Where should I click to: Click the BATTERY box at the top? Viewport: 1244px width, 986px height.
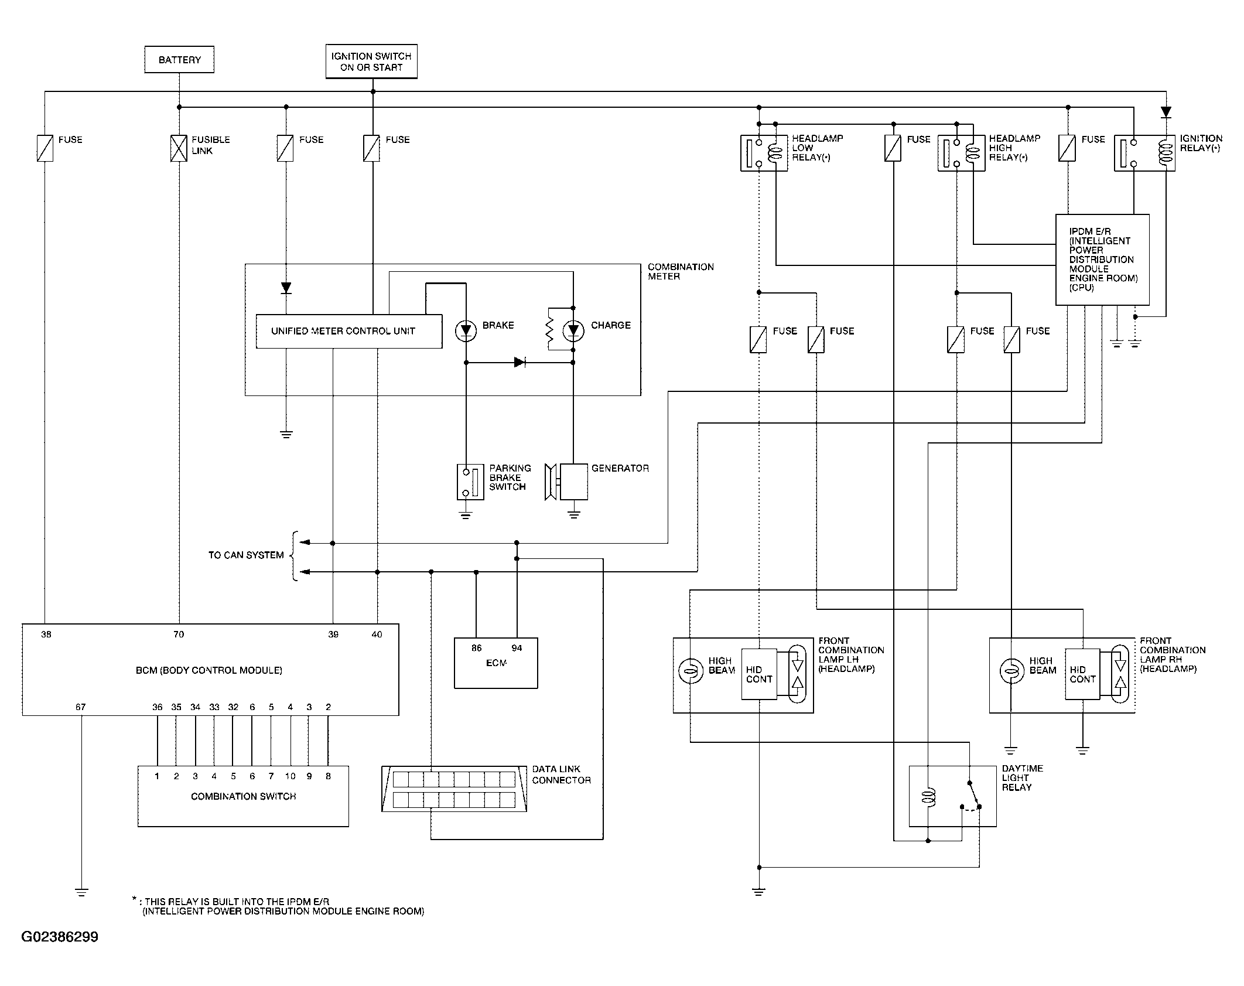[179, 60]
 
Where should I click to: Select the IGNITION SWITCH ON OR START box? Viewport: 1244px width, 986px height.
[371, 61]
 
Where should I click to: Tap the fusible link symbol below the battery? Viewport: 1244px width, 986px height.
[179, 148]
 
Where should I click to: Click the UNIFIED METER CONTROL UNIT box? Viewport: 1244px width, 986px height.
[349, 332]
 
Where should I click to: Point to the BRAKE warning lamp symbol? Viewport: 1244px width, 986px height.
[466, 332]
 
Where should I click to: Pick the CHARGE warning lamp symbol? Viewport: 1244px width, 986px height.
[573, 332]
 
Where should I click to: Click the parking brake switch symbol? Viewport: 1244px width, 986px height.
[470, 482]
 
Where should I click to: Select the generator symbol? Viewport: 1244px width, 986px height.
[566, 482]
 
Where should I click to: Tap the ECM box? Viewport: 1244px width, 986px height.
[496, 663]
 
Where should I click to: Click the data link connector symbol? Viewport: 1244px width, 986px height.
[454, 789]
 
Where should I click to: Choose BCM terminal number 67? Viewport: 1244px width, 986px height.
[81, 707]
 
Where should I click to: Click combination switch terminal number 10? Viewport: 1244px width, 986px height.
[291, 776]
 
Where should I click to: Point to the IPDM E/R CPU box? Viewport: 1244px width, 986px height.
[1102, 260]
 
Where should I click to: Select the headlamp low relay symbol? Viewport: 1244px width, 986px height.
[764, 153]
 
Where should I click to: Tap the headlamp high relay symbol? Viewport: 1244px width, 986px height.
[962, 153]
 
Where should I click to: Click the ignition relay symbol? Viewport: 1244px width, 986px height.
[1144, 153]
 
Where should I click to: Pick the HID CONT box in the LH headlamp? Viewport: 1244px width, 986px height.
[760, 674]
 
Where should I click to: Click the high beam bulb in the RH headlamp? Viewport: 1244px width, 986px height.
[1011, 671]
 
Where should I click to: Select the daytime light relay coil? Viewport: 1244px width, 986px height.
[928, 797]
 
